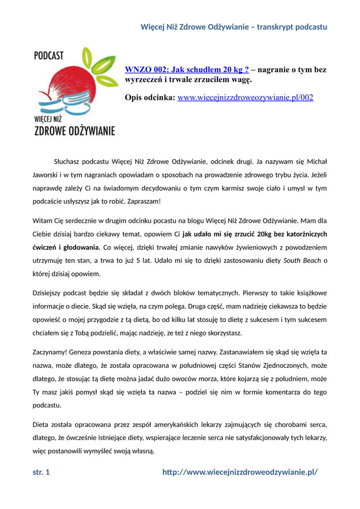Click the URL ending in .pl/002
[x=246, y=97]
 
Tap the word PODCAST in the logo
[x=49, y=56]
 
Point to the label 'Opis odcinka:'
[x=150, y=97]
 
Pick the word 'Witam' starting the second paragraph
[x=42, y=220]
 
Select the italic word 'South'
[x=292, y=260]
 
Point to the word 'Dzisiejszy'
[x=49, y=293]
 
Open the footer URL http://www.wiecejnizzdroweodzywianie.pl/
[x=240, y=472]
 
